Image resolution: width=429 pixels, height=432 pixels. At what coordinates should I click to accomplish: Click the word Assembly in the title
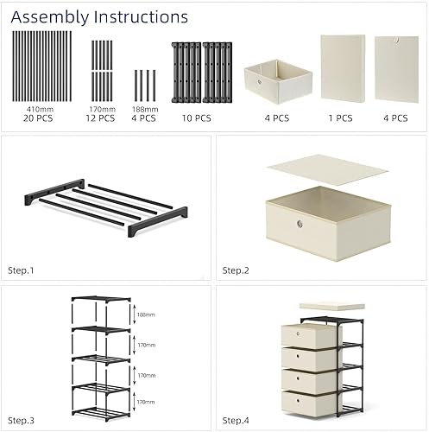coord(47,16)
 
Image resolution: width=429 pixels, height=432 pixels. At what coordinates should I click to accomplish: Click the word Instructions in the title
coord(138,16)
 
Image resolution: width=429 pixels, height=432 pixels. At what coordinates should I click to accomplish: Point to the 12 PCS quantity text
coord(103,118)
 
